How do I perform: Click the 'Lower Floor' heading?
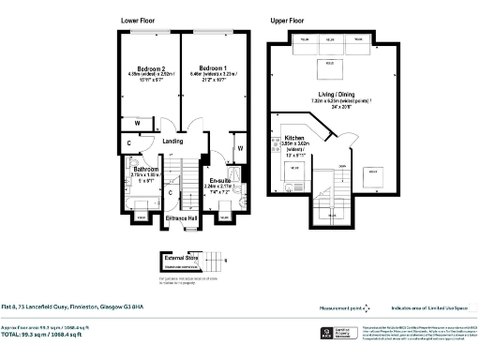139,20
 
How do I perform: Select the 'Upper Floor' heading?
288,20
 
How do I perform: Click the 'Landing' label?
172,142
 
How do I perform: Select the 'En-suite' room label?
220,180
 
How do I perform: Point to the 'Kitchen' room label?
295,136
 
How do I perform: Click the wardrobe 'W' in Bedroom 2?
137,123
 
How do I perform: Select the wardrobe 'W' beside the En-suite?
240,148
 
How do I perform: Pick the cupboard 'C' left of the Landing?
128,143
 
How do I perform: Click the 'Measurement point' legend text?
339,307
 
